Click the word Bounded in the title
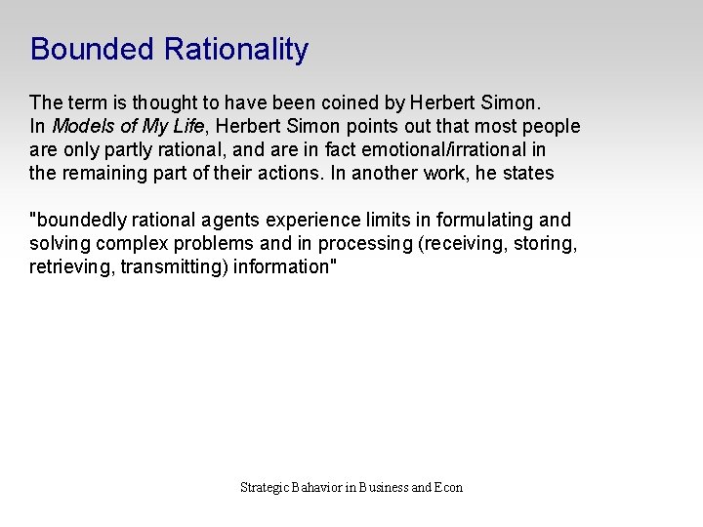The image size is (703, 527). click(92, 49)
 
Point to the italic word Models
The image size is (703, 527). click(80, 126)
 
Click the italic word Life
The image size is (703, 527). click(188, 126)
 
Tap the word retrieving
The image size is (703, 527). click(72, 267)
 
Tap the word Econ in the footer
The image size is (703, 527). click(449, 487)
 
